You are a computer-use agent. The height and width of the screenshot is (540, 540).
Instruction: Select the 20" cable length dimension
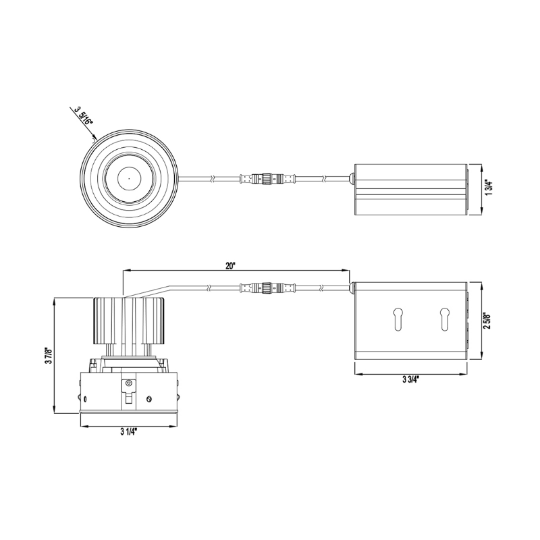[231, 266]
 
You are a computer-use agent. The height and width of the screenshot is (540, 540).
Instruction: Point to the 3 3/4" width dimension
[410, 380]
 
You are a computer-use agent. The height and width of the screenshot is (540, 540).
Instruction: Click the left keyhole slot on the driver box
[398, 319]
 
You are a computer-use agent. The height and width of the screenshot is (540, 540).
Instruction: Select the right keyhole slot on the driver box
[444, 319]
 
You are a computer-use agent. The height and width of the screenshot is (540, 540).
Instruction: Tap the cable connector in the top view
[267, 179]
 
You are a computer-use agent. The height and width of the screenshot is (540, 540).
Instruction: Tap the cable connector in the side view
[267, 288]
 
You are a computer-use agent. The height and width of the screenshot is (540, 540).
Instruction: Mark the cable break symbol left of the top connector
[213, 179]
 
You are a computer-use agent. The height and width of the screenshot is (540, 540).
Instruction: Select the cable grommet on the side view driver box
[351, 288]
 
